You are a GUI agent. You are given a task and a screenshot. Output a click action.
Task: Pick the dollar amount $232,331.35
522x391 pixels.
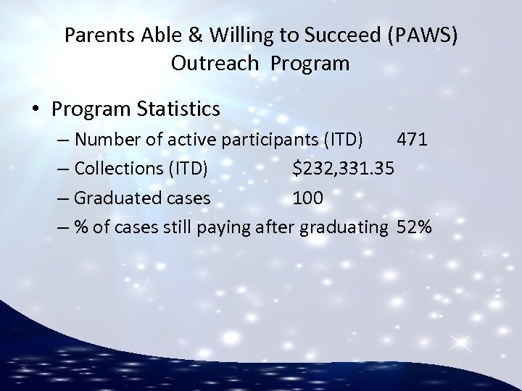click(x=344, y=169)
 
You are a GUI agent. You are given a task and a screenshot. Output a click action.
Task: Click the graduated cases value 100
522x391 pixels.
click(x=309, y=198)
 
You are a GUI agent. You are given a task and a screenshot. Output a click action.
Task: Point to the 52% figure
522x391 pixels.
click(x=414, y=227)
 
